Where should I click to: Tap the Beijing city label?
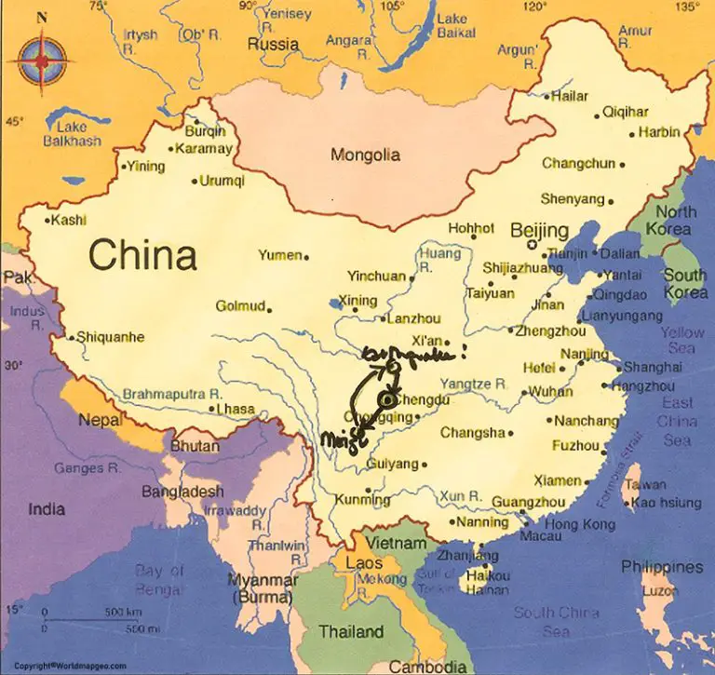coord(539,230)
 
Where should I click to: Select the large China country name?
coord(142,254)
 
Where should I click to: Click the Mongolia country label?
coord(365,155)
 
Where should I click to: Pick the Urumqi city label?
coord(223,181)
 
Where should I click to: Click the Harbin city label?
coord(659,132)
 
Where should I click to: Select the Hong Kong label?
coord(579,524)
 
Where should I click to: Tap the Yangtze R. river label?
coord(474,383)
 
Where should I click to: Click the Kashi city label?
coord(68,221)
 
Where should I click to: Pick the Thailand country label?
coord(351,632)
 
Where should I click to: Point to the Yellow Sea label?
coord(682,340)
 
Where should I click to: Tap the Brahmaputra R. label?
coord(170,394)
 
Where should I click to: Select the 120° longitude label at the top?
coord(534,7)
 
